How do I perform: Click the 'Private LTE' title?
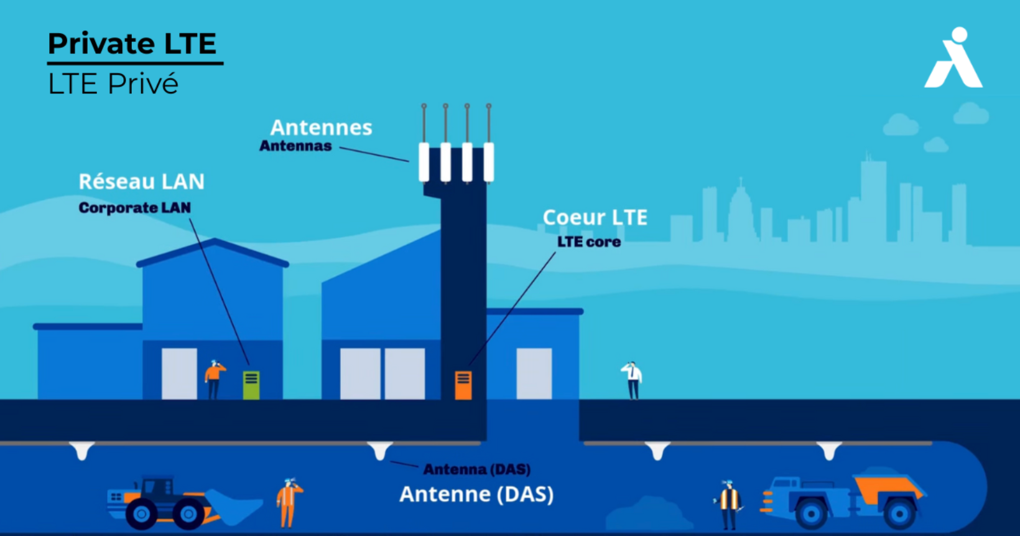132,44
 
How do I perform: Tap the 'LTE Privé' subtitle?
113,84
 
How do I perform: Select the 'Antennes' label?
321,128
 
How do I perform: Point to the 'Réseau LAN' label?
141,181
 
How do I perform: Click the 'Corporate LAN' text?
134,208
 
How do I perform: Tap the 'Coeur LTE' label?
595,217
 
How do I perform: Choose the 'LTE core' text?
588,242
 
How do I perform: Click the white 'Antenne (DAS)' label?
476,494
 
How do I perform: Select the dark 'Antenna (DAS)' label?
476,469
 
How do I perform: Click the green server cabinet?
251,385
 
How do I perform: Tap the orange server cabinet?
463,385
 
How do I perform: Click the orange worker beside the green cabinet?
214,378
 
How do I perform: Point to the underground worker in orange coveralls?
288,502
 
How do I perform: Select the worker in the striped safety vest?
728,504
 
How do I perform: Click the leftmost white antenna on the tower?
424,161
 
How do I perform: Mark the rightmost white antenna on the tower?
489,161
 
